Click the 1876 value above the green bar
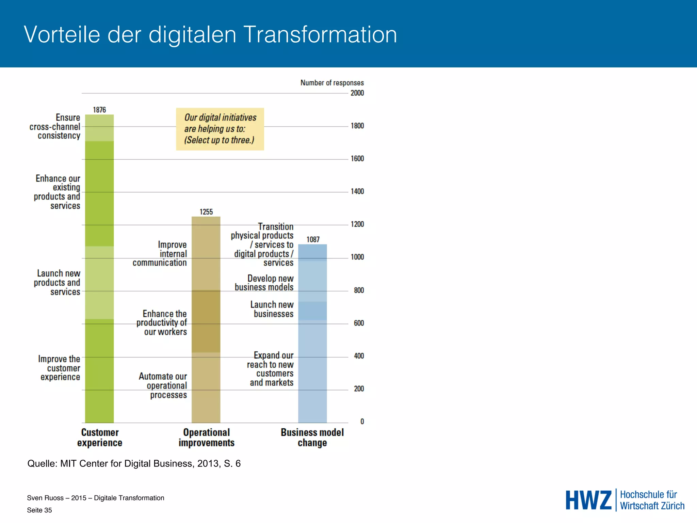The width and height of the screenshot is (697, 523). [99, 110]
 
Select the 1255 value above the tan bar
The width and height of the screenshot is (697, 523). [206, 212]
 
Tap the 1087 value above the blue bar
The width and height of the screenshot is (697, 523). [313, 239]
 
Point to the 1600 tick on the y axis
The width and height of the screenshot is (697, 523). [357, 159]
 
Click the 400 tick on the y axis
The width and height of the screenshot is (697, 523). [359, 356]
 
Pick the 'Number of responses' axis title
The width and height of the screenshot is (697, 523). [332, 83]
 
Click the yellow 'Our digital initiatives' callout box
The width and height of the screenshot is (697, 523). [220, 129]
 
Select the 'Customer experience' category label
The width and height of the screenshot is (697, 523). [100, 438]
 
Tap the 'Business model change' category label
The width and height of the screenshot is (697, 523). [312, 438]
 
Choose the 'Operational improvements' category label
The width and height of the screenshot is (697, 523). [206, 438]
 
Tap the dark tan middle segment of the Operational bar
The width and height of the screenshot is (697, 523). [206, 321]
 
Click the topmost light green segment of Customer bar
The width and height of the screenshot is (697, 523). [99, 128]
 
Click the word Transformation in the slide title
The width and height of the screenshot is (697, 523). [320, 35]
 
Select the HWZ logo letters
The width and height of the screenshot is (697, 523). [588, 500]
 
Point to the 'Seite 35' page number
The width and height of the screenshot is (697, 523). [39, 510]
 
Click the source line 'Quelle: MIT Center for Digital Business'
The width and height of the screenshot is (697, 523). [134, 463]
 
